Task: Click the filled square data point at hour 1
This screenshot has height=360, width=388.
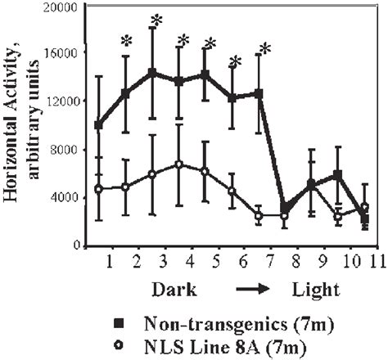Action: (99, 125)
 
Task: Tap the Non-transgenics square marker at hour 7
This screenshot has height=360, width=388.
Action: (259, 94)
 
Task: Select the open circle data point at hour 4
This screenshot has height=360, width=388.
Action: (179, 164)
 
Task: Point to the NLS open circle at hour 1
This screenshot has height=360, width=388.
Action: (99, 189)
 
